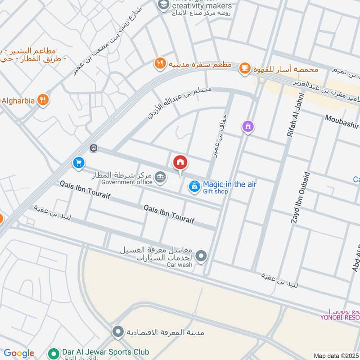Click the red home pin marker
180,162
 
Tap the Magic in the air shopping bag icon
194,185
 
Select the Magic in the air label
229,184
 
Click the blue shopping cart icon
79,162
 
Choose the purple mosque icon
247,127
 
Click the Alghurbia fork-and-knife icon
43,100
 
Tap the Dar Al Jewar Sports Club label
106,352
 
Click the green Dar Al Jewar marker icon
54,352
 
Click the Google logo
19,353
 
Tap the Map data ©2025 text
335,355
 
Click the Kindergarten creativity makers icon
162,5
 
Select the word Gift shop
216,192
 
